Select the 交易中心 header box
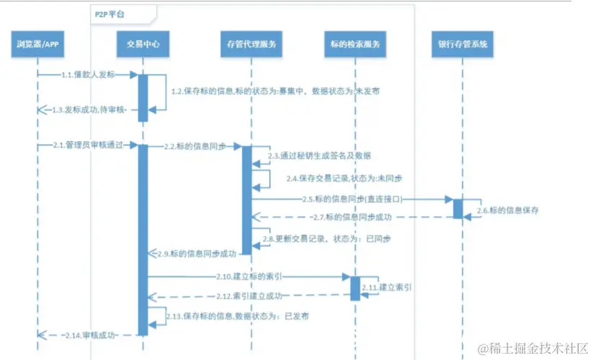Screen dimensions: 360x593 pyautogui.click(x=143, y=45)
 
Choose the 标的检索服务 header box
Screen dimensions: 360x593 pyautogui.click(x=355, y=45)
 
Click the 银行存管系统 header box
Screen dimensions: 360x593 pyautogui.click(x=462, y=45)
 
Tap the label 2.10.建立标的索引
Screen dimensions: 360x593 pyautogui.click(x=247, y=276)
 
